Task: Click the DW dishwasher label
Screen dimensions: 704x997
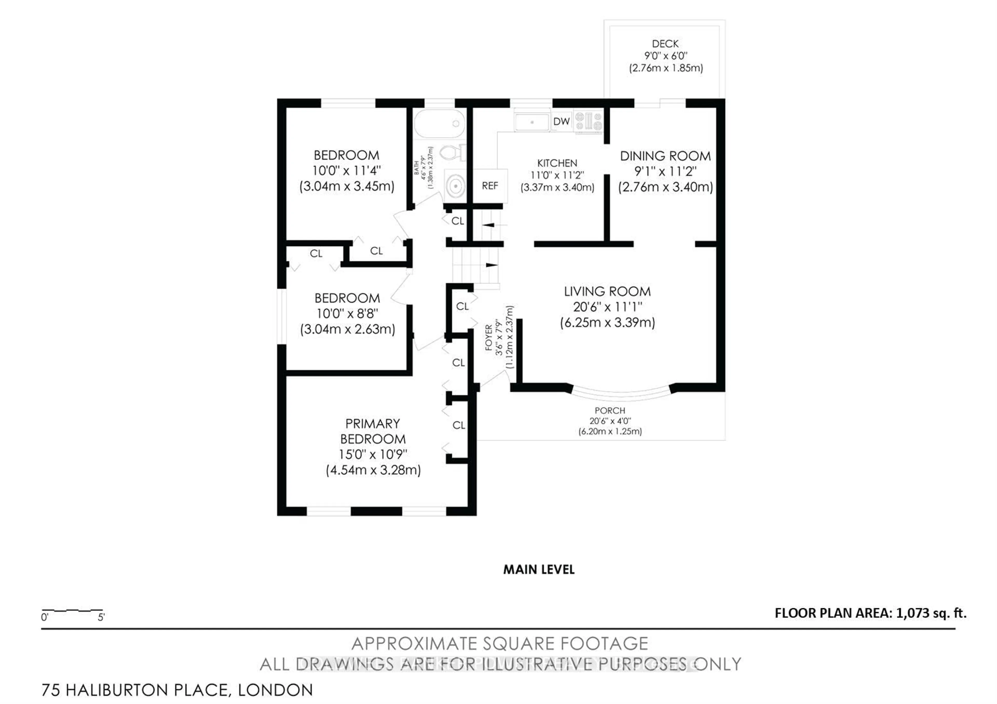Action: [x=561, y=122]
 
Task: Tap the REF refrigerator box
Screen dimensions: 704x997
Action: [x=490, y=186]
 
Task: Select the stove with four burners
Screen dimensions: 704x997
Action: [x=588, y=121]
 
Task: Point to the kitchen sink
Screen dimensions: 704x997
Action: [x=532, y=122]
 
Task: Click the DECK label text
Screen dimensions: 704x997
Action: [x=665, y=44]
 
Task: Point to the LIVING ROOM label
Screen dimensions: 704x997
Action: [x=607, y=291]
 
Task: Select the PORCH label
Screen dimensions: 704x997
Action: [x=610, y=410]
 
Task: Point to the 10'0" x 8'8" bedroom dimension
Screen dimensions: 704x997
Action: [x=347, y=313]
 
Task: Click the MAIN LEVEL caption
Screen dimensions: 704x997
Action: [x=538, y=570]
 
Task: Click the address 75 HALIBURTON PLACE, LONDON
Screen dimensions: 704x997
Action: [x=177, y=690]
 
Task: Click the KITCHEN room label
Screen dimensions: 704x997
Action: [x=557, y=163]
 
